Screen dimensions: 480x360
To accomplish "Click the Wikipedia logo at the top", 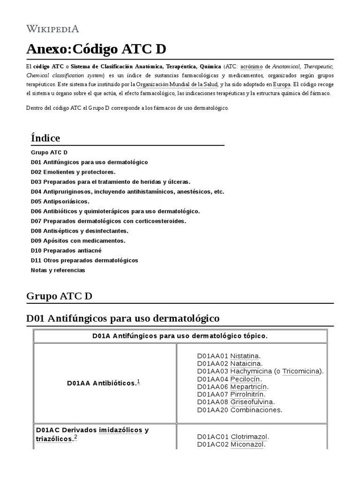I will pos(52,29).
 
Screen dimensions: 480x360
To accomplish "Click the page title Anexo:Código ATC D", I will pos(96,49).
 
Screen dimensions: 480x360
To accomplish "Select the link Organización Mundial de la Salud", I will pos(177,84).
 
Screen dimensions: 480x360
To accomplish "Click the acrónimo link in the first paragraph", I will pos(252,67).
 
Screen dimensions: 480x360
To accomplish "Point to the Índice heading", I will pos(45,138).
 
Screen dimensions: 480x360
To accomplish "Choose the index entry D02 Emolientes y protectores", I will pos(73,172).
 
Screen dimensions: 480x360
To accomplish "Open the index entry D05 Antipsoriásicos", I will pos(60,202).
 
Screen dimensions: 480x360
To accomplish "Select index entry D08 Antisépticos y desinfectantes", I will pos(80,231).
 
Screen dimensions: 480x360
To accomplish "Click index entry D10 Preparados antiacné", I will pos(66,250).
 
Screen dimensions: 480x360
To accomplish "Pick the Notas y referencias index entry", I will pos(58,270).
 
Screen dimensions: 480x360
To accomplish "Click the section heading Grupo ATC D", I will pos(60,296).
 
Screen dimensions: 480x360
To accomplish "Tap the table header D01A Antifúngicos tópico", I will pos(180,336).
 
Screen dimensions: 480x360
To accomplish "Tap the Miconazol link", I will pos(247,444).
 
